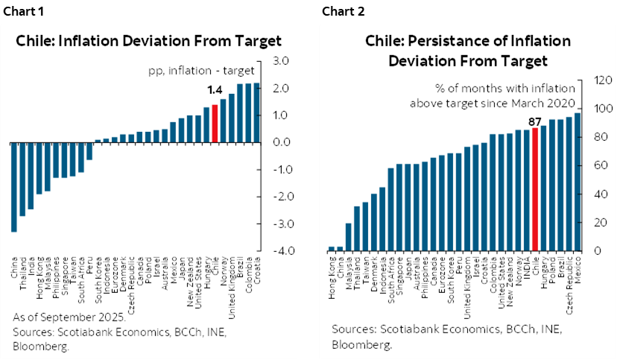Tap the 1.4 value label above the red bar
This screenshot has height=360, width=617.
tap(215, 90)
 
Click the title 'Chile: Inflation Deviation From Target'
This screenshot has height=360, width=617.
tap(149, 40)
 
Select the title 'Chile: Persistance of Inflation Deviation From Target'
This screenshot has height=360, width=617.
tap(467, 50)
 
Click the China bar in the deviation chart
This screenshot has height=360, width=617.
tap(14, 186)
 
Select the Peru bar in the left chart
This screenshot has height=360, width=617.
tap(89, 151)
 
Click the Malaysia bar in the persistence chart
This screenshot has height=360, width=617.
tap(348, 236)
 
